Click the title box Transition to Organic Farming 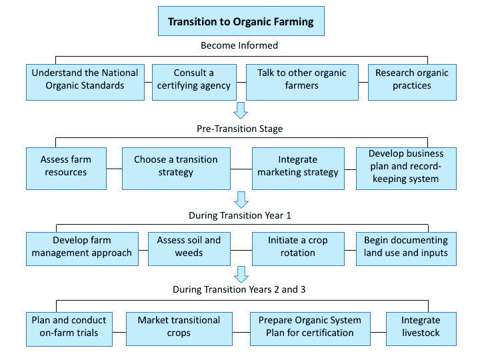point(241,21)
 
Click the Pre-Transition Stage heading point(240,129)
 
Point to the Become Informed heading point(239,46)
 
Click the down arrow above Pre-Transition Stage point(241,110)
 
